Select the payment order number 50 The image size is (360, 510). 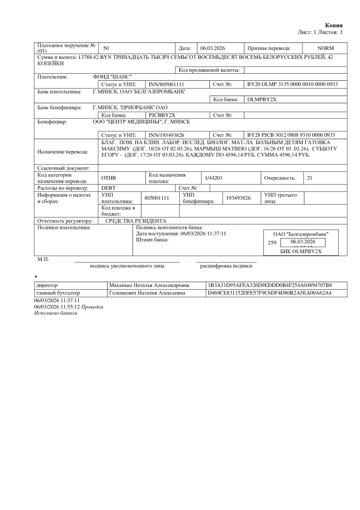point(106,48)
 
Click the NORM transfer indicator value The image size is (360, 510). point(325,48)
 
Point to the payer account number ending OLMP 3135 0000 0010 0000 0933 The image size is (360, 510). point(292,84)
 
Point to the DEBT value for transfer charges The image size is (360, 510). point(108,188)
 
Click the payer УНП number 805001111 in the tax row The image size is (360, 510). point(155,198)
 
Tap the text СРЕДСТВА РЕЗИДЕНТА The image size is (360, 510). point(135,221)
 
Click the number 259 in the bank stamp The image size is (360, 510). point(272,242)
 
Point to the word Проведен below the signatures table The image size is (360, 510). point(93,307)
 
